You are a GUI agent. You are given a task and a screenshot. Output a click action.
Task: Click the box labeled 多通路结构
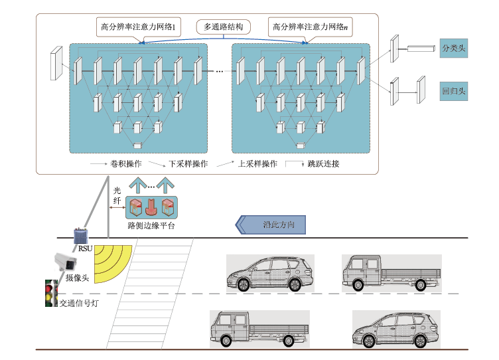tap(224, 27)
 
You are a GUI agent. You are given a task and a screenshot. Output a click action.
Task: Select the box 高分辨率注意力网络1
tap(137, 27)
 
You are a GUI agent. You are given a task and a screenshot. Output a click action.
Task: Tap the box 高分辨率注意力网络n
tap(310, 27)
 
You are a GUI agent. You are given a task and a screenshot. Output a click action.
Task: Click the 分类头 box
tap(453, 48)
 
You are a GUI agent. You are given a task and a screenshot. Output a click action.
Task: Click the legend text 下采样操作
tap(188, 163)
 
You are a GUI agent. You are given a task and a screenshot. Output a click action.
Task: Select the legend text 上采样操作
tap(257, 163)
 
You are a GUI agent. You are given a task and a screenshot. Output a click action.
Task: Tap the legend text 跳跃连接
tap(323, 163)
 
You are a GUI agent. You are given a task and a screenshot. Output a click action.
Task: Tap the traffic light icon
tap(49, 294)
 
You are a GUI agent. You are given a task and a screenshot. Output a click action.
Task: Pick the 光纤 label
tap(117, 195)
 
